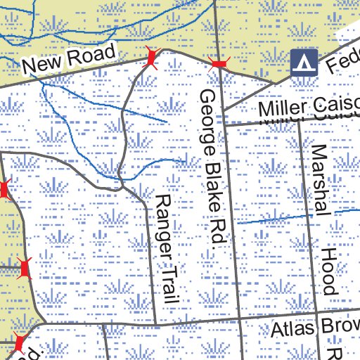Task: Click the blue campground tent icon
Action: click(x=302, y=63)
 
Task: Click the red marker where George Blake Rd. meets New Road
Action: click(x=219, y=65)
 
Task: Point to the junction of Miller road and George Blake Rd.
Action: click(x=224, y=124)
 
